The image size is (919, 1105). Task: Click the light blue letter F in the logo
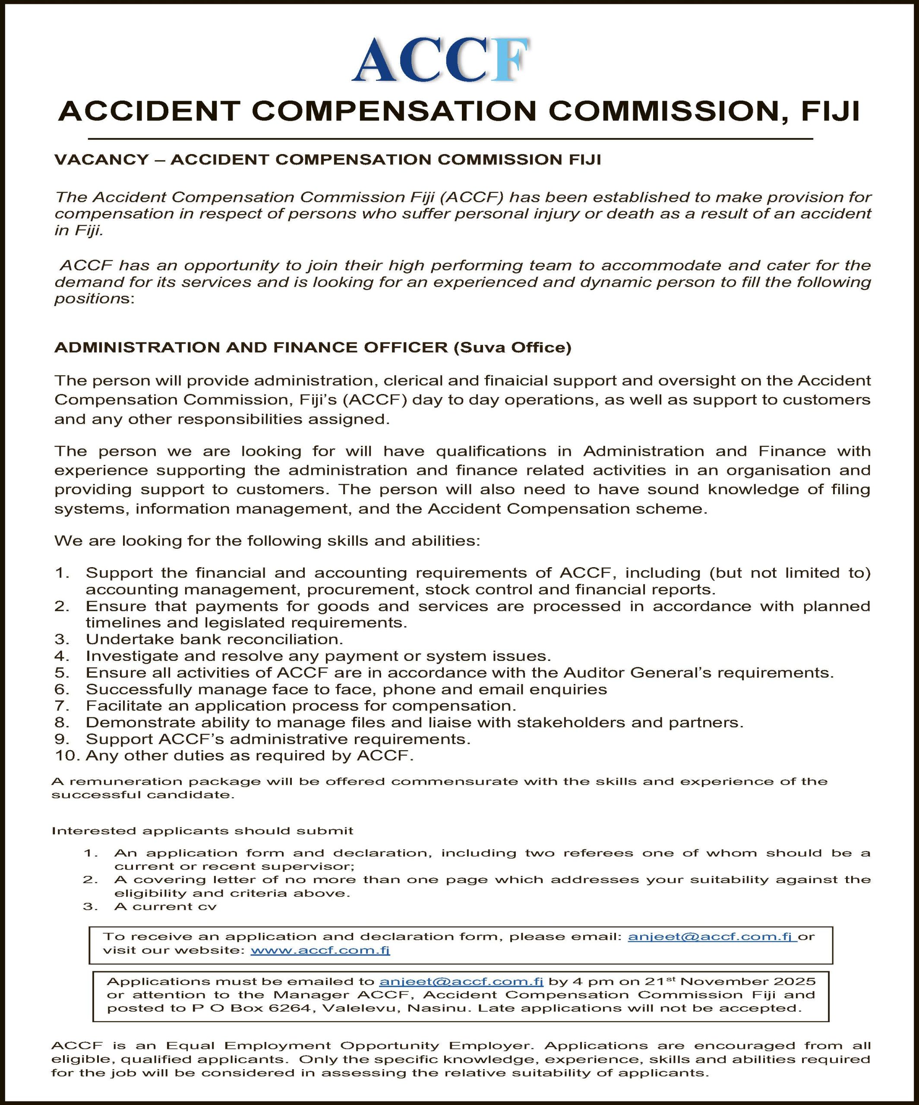pos(509,60)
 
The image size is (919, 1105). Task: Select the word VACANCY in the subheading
pos(101,159)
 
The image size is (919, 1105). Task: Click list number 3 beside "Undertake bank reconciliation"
pos(62,639)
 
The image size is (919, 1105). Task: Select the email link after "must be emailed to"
pos(461,982)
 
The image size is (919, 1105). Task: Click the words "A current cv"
pos(165,906)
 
